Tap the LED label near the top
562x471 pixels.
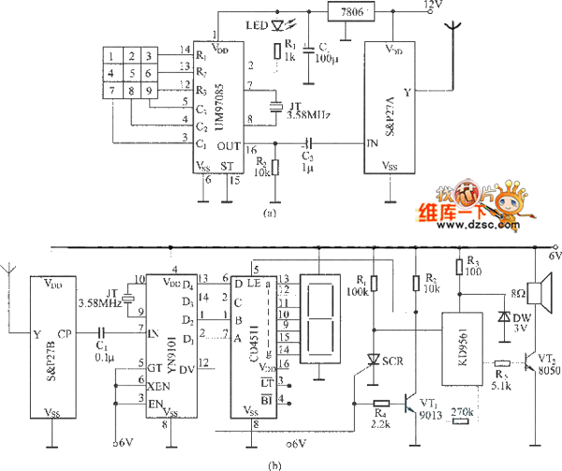(x=254, y=25)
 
